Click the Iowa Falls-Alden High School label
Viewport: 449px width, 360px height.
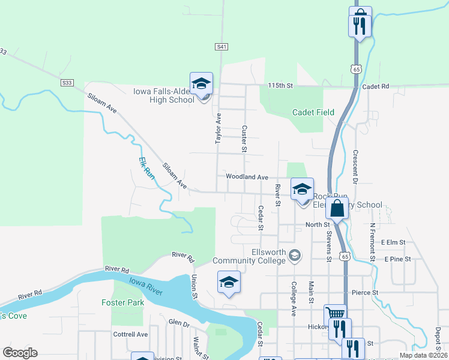[163, 95]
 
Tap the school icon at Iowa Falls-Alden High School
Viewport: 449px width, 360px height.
[201, 83]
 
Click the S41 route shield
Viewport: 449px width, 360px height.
[221, 46]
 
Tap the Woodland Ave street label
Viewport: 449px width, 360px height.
[247, 177]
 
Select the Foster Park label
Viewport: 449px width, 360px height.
[123, 302]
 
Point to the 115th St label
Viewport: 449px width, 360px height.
[280, 86]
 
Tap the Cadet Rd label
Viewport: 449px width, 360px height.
[376, 86]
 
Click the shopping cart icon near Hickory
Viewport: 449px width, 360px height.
[335, 314]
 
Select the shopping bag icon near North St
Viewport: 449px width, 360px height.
[337, 209]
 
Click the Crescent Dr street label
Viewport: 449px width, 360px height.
[355, 166]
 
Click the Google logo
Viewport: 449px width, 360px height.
[20, 353]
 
